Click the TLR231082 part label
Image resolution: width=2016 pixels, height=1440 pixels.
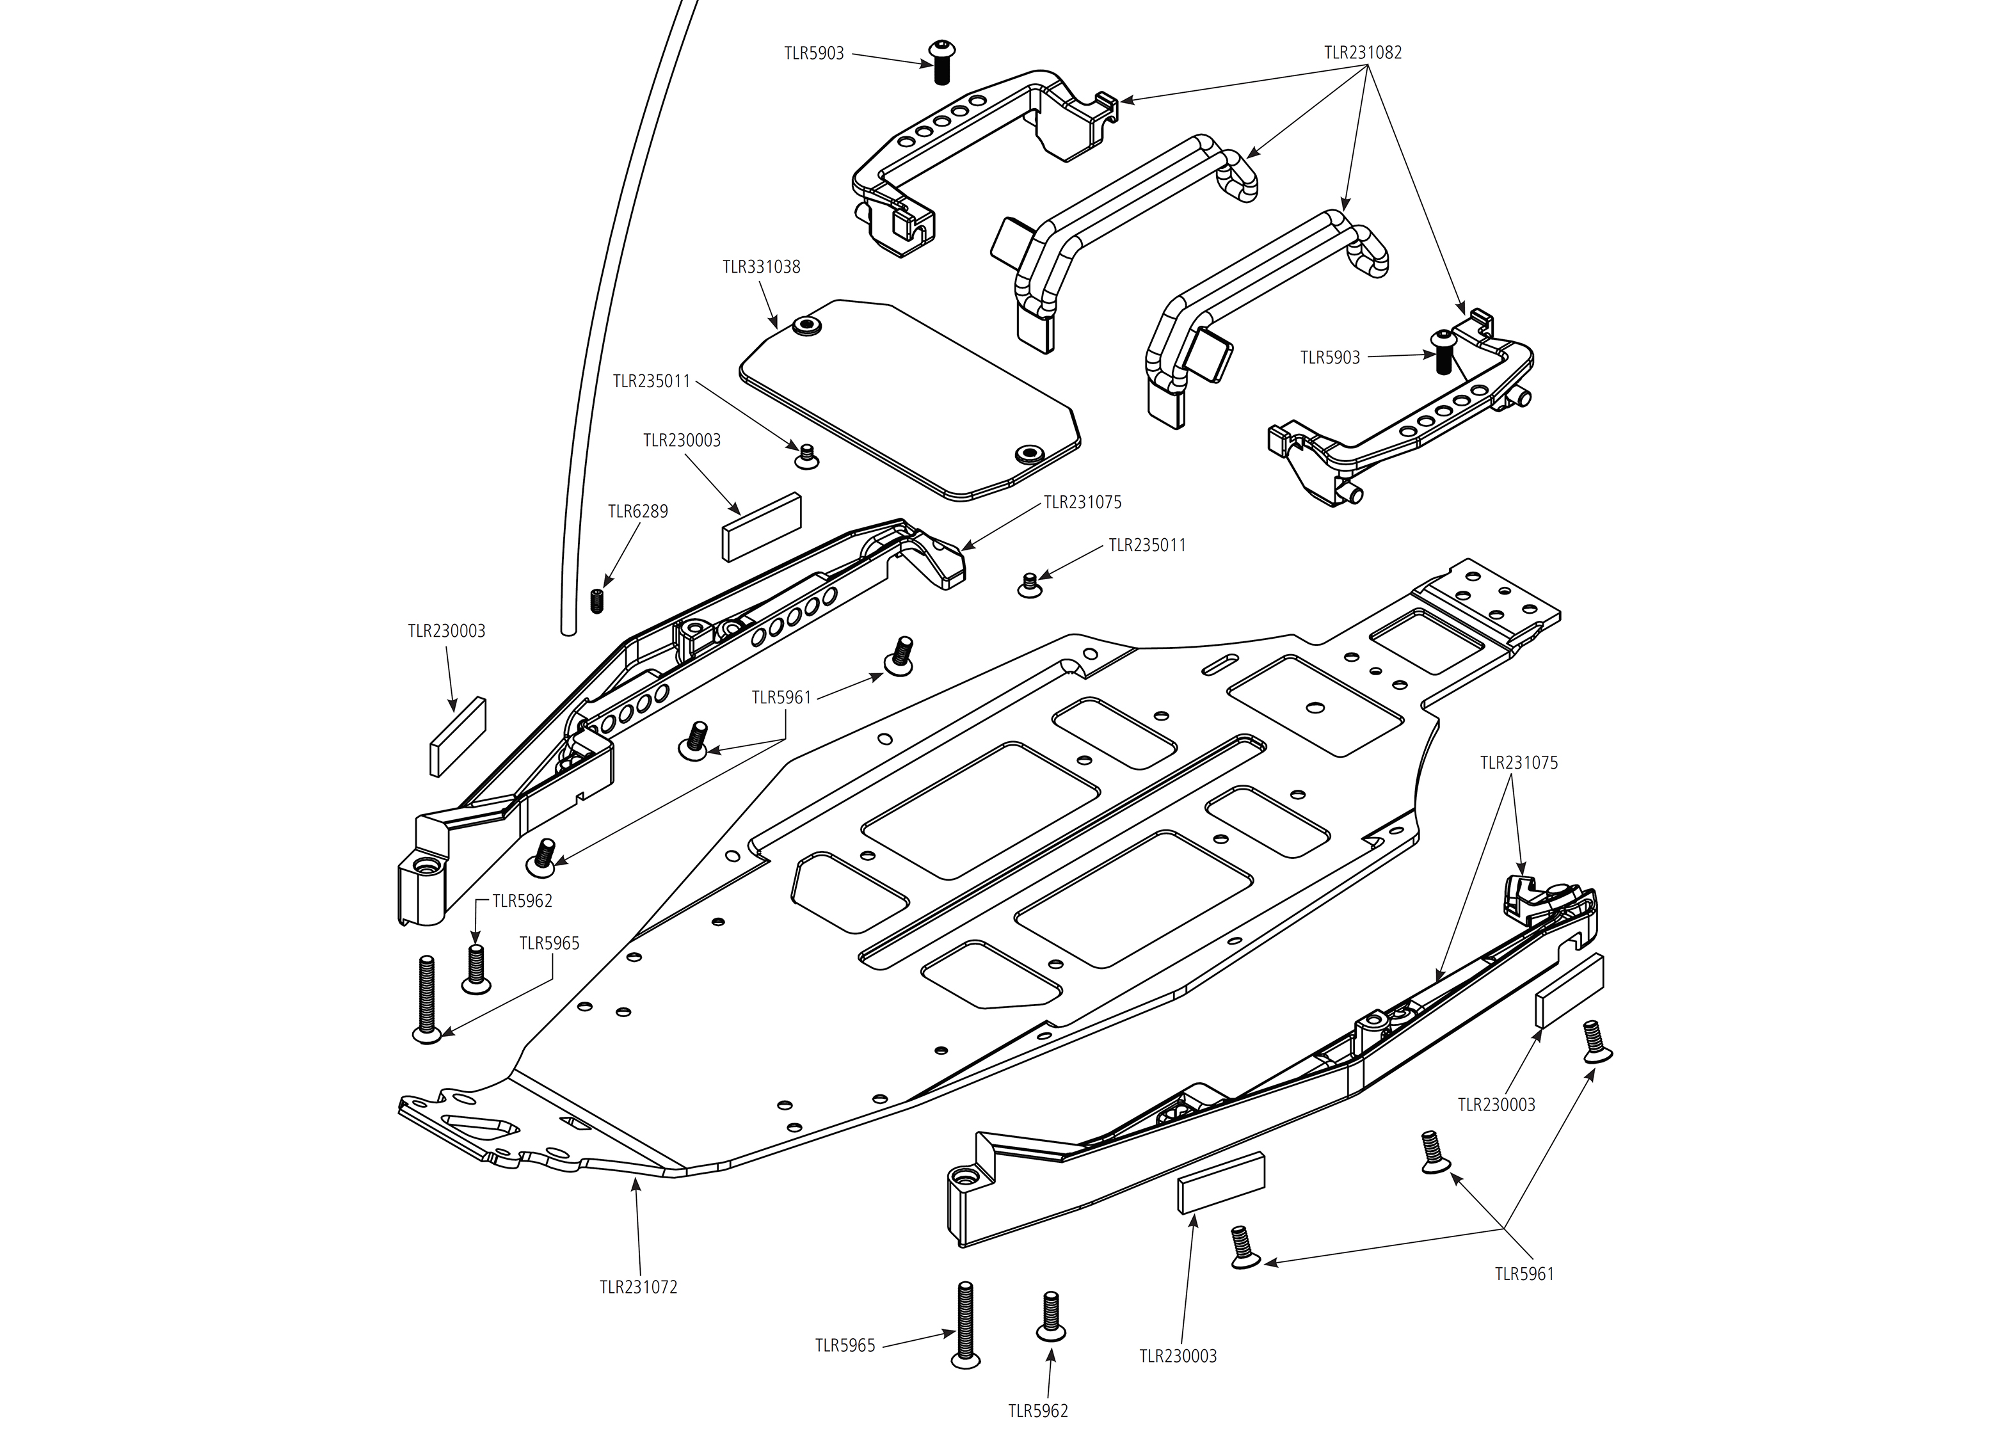point(1363,52)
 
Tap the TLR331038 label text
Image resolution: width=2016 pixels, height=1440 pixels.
point(761,267)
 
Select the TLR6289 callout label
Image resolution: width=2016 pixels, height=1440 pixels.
point(637,511)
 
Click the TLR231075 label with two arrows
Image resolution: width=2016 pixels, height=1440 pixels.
point(1519,763)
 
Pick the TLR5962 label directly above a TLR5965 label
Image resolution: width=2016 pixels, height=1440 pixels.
point(522,901)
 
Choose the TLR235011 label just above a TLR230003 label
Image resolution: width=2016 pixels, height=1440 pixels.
point(652,381)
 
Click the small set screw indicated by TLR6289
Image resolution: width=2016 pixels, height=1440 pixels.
point(596,600)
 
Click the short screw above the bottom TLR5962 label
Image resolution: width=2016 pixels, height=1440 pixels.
point(1050,1316)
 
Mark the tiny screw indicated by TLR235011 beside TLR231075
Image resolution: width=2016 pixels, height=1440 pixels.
point(1029,585)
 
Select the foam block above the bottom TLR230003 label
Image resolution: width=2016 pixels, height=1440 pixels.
point(1220,1182)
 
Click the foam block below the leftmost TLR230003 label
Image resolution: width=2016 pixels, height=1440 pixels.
point(458,736)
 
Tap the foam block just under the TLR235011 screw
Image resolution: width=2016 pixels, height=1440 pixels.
point(762,527)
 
